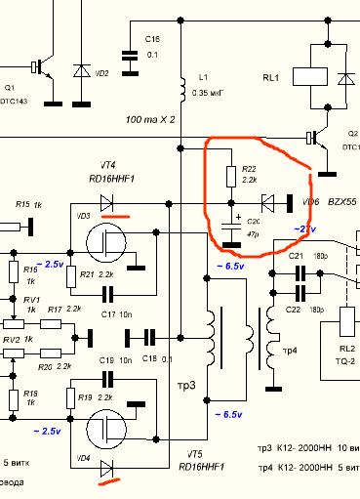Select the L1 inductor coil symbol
coord(181,87)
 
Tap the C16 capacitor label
coord(153,40)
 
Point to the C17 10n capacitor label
coord(112,313)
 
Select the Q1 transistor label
coord(12,87)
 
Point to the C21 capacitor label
coord(296,255)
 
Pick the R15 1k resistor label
coord(30,204)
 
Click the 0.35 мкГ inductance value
coord(207,92)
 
